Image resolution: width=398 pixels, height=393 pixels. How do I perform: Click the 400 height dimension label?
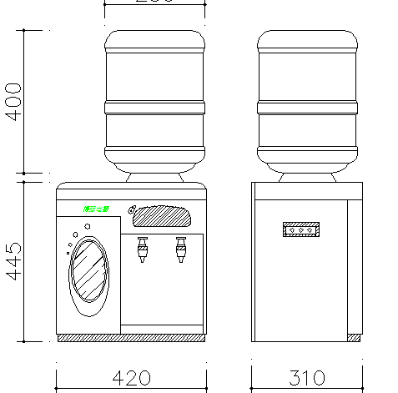coord(13,102)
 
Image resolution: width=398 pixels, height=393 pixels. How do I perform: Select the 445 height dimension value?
coord(13,260)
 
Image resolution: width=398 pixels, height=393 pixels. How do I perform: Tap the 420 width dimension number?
coord(131,378)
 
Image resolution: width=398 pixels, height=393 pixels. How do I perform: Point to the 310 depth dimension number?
coord(307,378)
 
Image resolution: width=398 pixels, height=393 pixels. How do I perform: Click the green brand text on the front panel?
coord(97,209)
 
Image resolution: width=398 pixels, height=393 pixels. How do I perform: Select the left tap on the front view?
coord(143,248)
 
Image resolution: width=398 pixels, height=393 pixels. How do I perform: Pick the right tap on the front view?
coord(179,248)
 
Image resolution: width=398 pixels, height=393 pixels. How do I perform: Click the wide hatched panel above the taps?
coord(163,216)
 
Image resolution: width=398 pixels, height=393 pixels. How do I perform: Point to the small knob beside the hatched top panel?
coord(131,209)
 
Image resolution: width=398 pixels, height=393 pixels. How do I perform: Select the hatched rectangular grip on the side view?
coord(301,229)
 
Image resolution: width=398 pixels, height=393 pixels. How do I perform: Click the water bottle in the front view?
coord(154,100)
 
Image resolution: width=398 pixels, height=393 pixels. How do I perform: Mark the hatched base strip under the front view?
coord(131,337)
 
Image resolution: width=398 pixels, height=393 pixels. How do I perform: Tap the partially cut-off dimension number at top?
coord(155,3)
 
